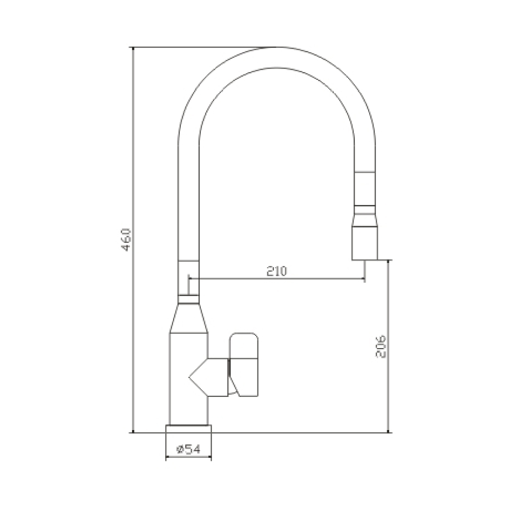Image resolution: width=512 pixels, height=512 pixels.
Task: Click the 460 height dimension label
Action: click(126, 240)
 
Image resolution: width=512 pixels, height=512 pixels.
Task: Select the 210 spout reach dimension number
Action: click(276, 271)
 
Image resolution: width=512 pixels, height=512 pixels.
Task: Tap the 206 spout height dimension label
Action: click(381, 347)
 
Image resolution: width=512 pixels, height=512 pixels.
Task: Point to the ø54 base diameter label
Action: click(188, 450)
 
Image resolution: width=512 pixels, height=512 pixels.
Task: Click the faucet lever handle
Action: click(244, 365)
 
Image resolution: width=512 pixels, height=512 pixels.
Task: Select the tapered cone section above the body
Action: click(189, 318)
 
